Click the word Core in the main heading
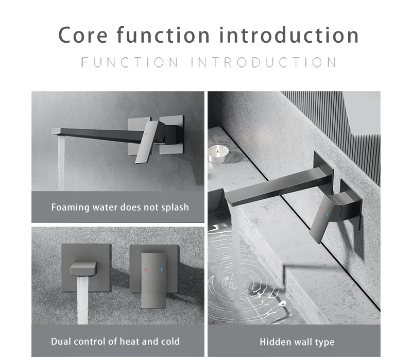point(83,35)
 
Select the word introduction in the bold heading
point(289,35)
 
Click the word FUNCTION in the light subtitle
point(130,62)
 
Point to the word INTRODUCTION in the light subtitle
point(264,62)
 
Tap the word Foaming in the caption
point(70,208)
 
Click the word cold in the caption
point(170,341)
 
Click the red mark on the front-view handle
point(146,269)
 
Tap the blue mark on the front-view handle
point(161,269)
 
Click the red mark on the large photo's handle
point(321,208)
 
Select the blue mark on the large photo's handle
point(328,215)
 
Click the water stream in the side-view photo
point(61,162)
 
